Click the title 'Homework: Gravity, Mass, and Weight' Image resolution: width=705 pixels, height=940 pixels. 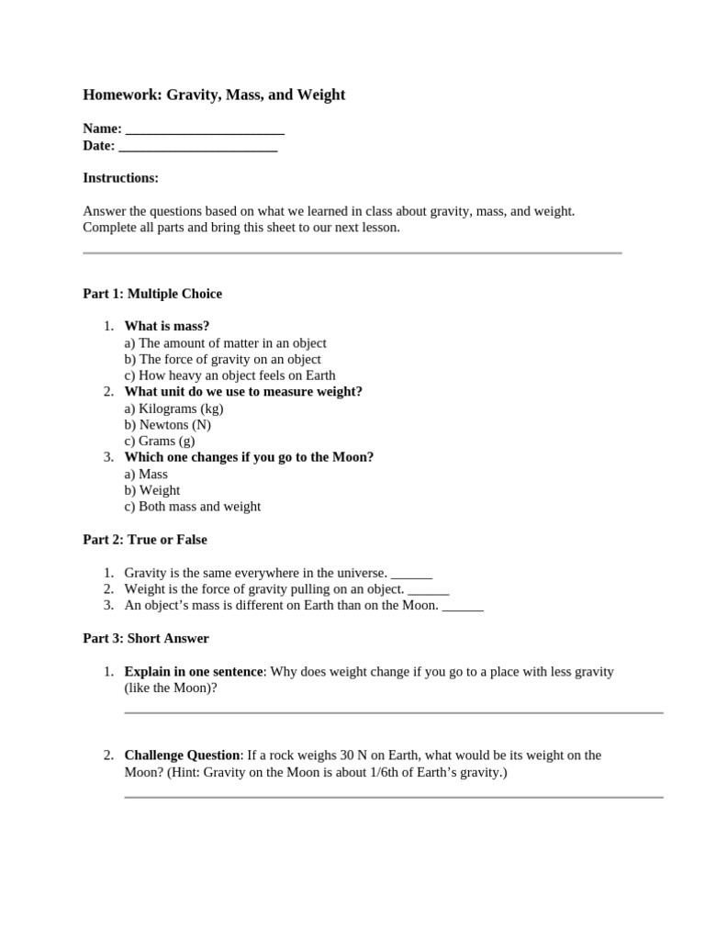[x=214, y=95]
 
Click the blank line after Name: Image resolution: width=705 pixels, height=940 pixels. [x=205, y=129]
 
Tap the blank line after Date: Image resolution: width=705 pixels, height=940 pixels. [x=198, y=145]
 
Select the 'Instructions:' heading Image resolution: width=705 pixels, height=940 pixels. [x=120, y=177]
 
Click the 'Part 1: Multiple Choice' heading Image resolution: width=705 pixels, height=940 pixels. [x=152, y=294]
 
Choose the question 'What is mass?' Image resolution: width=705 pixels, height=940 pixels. [x=167, y=326]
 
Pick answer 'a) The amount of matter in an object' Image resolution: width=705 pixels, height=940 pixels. [x=225, y=342]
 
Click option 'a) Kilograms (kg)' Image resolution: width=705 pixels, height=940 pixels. [x=173, y=408]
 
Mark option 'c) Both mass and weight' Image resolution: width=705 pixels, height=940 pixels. [x=192, y=506]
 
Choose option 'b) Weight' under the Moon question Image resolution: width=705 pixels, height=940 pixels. [x=151, y=490]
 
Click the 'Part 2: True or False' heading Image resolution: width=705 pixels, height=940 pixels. [x=145, y=540]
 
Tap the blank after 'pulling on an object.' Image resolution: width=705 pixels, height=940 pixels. [x=428, y=589]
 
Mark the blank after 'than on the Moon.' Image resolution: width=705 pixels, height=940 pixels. [x=463, y=606]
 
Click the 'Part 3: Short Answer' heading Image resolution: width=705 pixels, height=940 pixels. [x=146, y=638]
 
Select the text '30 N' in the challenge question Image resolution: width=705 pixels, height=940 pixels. [x=353, y=755]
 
